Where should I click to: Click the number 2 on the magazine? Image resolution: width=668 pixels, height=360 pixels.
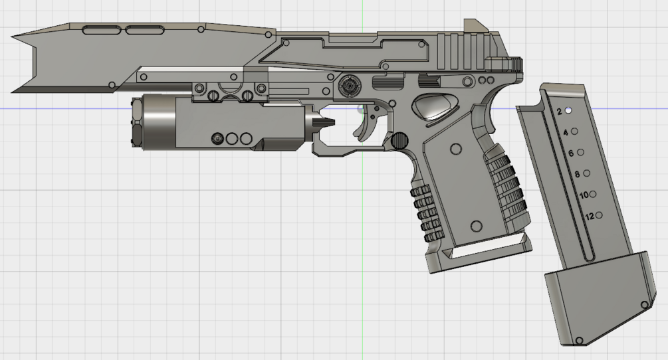560,112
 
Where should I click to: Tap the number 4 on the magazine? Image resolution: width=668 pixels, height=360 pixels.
566,133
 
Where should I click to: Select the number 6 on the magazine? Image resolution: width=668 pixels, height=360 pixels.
572,153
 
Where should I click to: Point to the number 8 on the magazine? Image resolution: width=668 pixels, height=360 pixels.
577,174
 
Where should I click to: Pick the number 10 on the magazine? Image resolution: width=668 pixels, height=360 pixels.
584,195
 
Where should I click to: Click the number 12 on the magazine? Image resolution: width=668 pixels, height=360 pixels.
590,216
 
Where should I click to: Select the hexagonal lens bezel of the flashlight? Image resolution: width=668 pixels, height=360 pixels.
137,123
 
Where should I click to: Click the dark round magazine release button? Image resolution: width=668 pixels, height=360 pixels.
399,140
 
